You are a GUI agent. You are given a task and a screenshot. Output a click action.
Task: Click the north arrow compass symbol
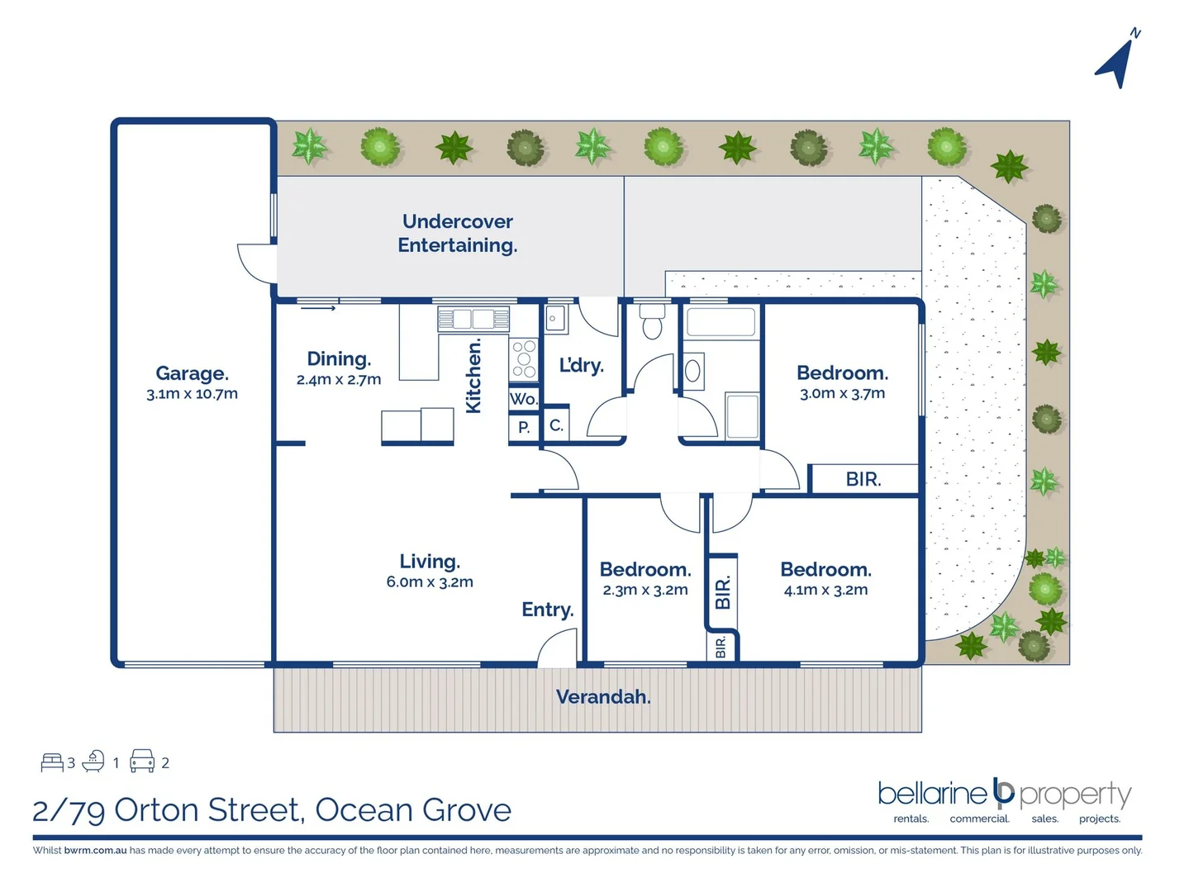point(1117,60)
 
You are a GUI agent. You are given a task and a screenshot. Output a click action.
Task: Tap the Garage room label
point(192,373)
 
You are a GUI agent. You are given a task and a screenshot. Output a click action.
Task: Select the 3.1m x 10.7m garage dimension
point(192,394)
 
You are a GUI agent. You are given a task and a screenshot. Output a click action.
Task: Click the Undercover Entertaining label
point(458,233)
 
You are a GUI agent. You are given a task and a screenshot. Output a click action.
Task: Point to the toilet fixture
point(652,321)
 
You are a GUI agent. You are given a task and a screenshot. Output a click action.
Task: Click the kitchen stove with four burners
point(524,359)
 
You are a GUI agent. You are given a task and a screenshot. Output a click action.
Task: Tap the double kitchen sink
point(473,319)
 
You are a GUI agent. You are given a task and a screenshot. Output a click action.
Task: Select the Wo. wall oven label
point(523,399)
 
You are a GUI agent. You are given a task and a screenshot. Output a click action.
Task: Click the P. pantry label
point(524,428)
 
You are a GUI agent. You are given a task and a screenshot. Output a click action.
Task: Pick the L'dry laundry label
point(581,365)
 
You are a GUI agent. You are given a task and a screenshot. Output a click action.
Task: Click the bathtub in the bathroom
point(721,322)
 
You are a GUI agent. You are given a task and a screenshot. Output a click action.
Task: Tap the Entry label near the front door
point(547,610)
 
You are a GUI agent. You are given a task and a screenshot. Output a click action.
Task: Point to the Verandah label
point(603,697)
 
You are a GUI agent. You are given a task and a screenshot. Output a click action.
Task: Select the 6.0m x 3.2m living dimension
point(430,582)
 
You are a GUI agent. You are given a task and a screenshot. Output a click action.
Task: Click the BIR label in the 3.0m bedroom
point(863,479)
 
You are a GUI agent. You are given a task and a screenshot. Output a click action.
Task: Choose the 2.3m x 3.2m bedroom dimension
point(645,590)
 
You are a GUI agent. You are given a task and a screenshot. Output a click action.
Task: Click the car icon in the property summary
point(142,761)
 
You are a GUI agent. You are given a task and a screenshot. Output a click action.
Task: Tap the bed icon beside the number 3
point(52,762)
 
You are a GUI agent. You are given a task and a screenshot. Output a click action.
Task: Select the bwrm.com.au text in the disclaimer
point(95,850)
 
